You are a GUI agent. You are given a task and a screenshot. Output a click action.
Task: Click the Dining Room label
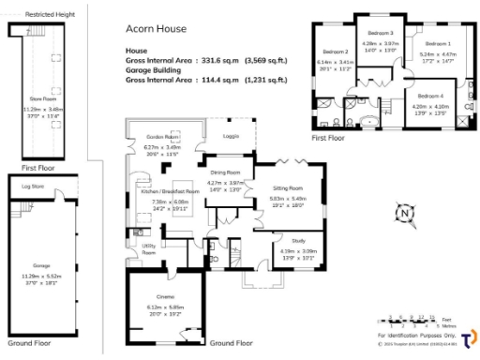225,173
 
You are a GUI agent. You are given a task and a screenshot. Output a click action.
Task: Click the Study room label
285,241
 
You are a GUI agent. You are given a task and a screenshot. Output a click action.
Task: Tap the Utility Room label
148,250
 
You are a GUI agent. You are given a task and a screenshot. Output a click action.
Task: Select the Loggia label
231,137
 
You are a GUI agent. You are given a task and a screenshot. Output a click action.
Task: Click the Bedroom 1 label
438,44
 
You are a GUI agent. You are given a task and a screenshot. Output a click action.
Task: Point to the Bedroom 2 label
335,52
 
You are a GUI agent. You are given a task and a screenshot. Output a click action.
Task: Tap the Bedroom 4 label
430,97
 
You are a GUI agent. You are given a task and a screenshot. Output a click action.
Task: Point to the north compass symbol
403,214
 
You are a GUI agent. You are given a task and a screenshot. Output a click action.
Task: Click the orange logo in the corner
466,337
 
